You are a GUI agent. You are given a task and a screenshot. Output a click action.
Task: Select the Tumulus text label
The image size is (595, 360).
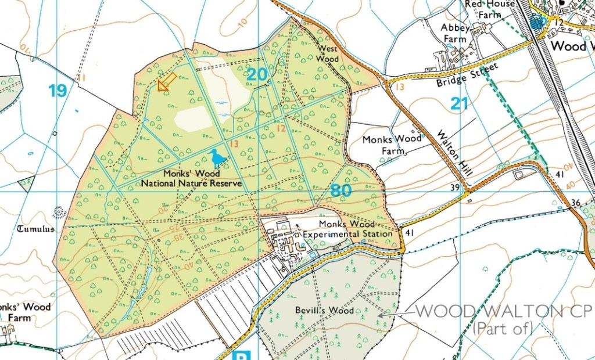(35, 229)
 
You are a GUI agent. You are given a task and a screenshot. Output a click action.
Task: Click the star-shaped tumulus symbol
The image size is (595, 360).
(58, 212)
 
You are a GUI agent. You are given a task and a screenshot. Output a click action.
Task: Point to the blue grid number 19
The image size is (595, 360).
(58, 91)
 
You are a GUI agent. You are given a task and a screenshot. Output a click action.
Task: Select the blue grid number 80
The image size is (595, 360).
(342, 190)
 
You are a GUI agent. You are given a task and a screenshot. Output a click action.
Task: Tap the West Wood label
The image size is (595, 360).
(327, 54)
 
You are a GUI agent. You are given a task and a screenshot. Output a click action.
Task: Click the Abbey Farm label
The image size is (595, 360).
(454, 33)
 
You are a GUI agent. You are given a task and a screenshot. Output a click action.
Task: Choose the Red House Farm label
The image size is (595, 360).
(489, 9)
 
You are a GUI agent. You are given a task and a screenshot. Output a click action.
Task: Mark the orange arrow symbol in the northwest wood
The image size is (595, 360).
(167, 82)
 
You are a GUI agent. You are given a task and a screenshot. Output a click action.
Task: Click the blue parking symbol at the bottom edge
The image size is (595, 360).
(239, 355)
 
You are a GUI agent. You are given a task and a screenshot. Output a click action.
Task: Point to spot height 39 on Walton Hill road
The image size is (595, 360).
(454, 187)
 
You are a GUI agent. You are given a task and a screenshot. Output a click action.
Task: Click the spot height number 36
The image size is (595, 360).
(575, 202)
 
